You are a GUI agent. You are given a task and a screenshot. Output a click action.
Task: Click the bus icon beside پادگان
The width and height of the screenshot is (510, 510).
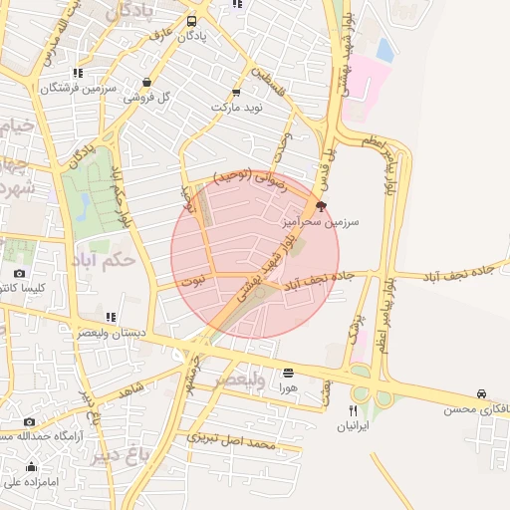191,21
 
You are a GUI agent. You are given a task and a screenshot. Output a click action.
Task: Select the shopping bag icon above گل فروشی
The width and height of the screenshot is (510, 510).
147,83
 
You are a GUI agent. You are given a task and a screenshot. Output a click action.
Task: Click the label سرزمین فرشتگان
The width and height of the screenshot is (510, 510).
71,88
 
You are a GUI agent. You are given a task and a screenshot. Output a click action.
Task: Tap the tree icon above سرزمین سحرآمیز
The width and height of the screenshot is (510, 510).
320,206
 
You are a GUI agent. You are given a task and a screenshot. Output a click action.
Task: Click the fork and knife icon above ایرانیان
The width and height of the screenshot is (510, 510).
352,410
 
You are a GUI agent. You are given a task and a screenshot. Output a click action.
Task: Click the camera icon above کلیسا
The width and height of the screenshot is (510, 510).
19,273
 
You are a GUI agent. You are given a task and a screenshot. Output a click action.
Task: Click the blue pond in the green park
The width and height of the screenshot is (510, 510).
86,205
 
